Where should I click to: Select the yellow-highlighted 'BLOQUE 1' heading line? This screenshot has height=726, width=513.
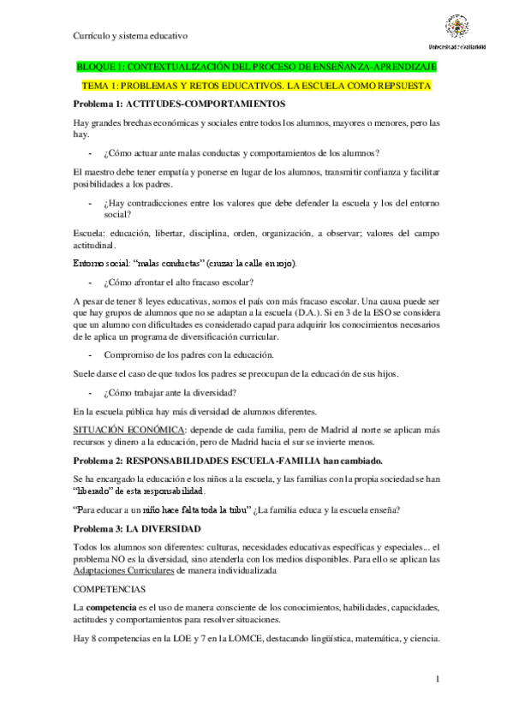256,67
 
